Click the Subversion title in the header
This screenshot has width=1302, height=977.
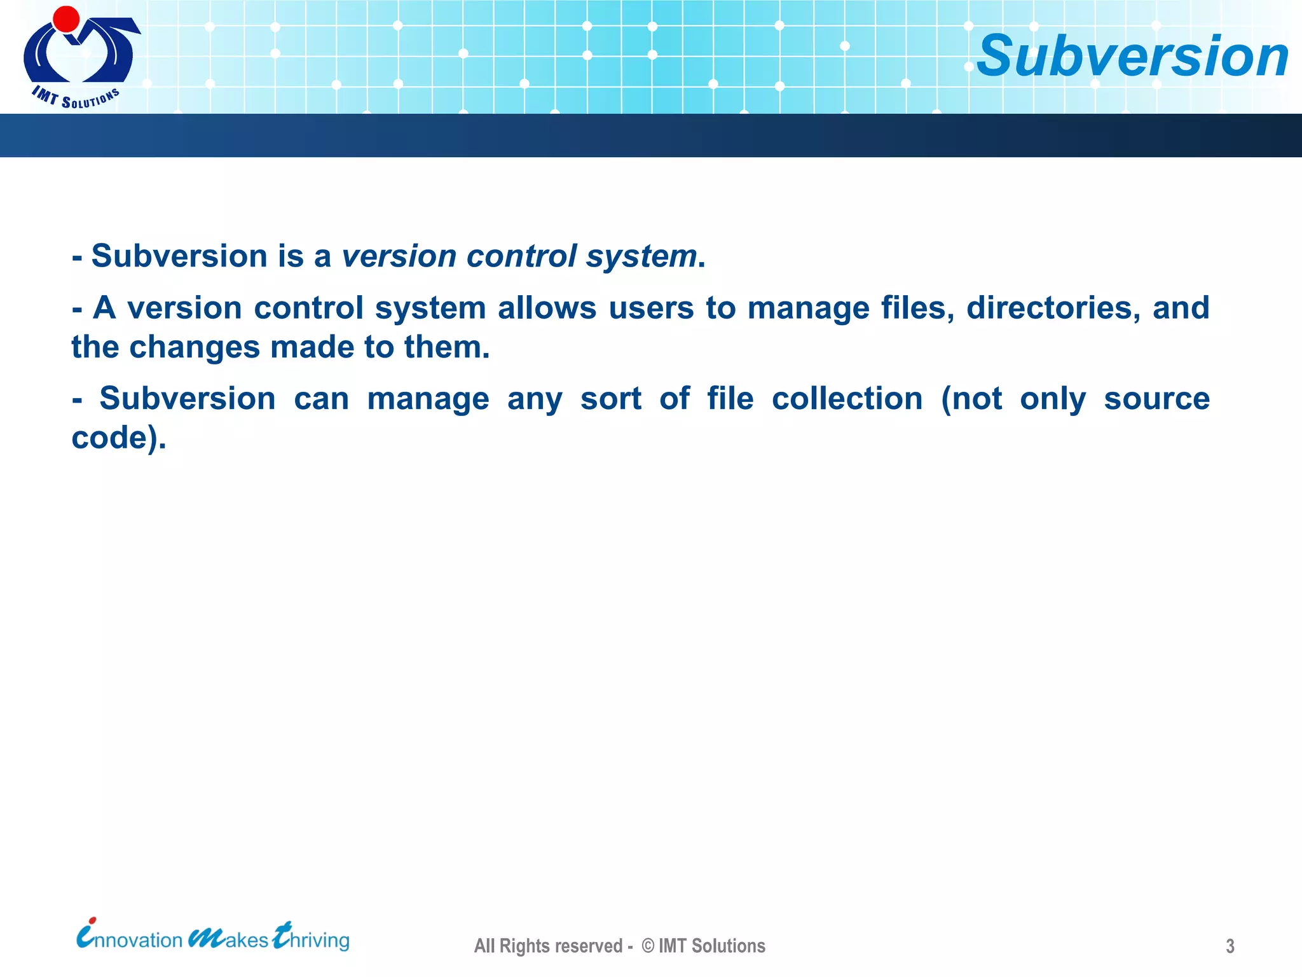point(1132,56)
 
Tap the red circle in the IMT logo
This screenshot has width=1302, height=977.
point(66,19)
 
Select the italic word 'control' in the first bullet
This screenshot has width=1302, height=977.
point(521,256)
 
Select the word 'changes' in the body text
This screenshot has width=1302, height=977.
point(195,348)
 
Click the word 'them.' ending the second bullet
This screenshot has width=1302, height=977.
point(447,347)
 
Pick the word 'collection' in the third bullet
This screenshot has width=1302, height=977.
point(847,399)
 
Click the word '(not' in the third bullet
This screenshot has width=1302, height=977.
point(971,399)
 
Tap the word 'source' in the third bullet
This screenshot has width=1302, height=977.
point(1156,399)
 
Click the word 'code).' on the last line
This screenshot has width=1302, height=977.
point(119,438)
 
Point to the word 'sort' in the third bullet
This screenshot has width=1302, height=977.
point(610,399)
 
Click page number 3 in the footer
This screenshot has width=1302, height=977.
point(1230,946)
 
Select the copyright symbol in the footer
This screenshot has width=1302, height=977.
point(648,946)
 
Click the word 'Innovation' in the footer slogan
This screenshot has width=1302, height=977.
point(130,939)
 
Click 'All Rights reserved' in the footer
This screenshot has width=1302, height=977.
point(548,946)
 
